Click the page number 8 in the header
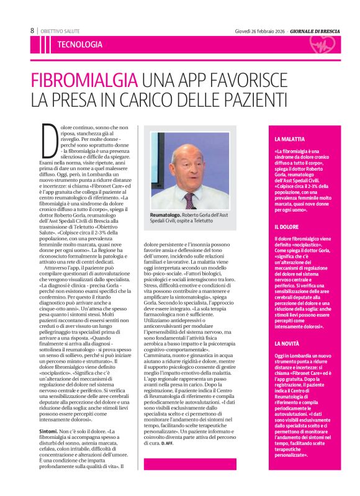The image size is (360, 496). click(32, 30)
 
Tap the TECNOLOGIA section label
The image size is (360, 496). click(79, 45)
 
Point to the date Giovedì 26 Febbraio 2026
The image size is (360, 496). click(259, 30)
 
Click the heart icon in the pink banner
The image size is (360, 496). click(323, 45)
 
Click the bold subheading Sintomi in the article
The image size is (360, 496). click(49, 413)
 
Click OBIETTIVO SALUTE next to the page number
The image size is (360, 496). click(60, 30)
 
